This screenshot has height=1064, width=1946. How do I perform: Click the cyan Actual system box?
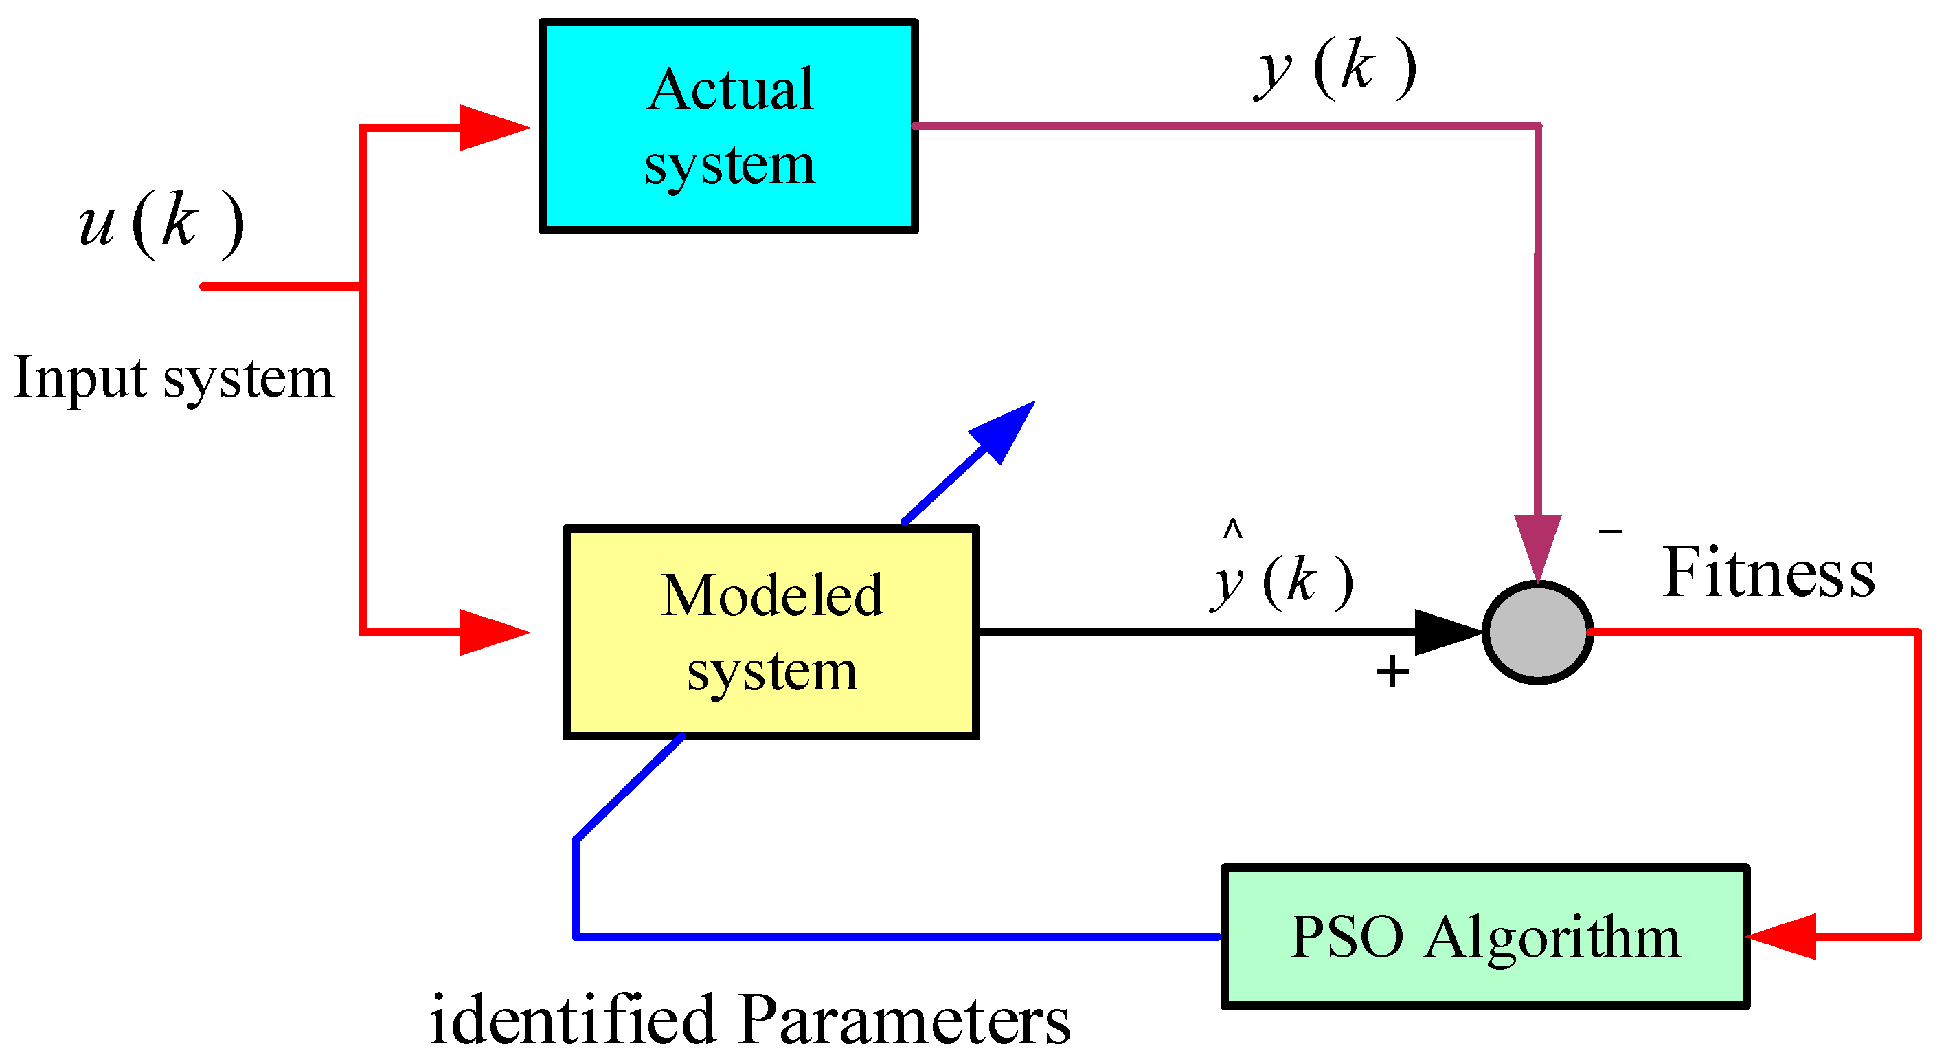click(x=727, y=126)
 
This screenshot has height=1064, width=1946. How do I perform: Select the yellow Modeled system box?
click(x=771, y=632)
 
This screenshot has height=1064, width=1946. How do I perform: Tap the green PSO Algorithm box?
click(x=1484, y=936)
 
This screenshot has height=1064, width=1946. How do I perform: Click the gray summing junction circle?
click(x=1537, y=632)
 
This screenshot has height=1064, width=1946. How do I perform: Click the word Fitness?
click(x=1767, y=573)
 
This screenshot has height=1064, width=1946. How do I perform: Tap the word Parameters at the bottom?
click(x=904, y=1020)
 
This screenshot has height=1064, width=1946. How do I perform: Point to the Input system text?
click(x=173, y=378)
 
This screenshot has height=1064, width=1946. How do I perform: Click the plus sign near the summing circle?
click(x=1392, y=671)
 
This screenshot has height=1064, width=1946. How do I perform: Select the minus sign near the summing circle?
click(x=1610, y=532)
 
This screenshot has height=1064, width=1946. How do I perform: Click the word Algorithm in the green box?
click(x=1552, y=937)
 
